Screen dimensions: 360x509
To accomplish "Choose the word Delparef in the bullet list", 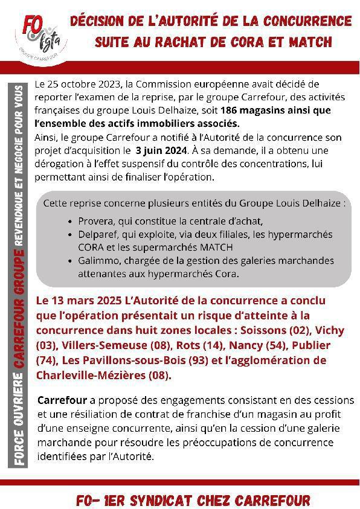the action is tap(98, 234).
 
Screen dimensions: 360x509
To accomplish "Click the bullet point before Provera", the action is tap(73, 222).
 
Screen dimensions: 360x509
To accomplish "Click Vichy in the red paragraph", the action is tap(331, 331).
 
